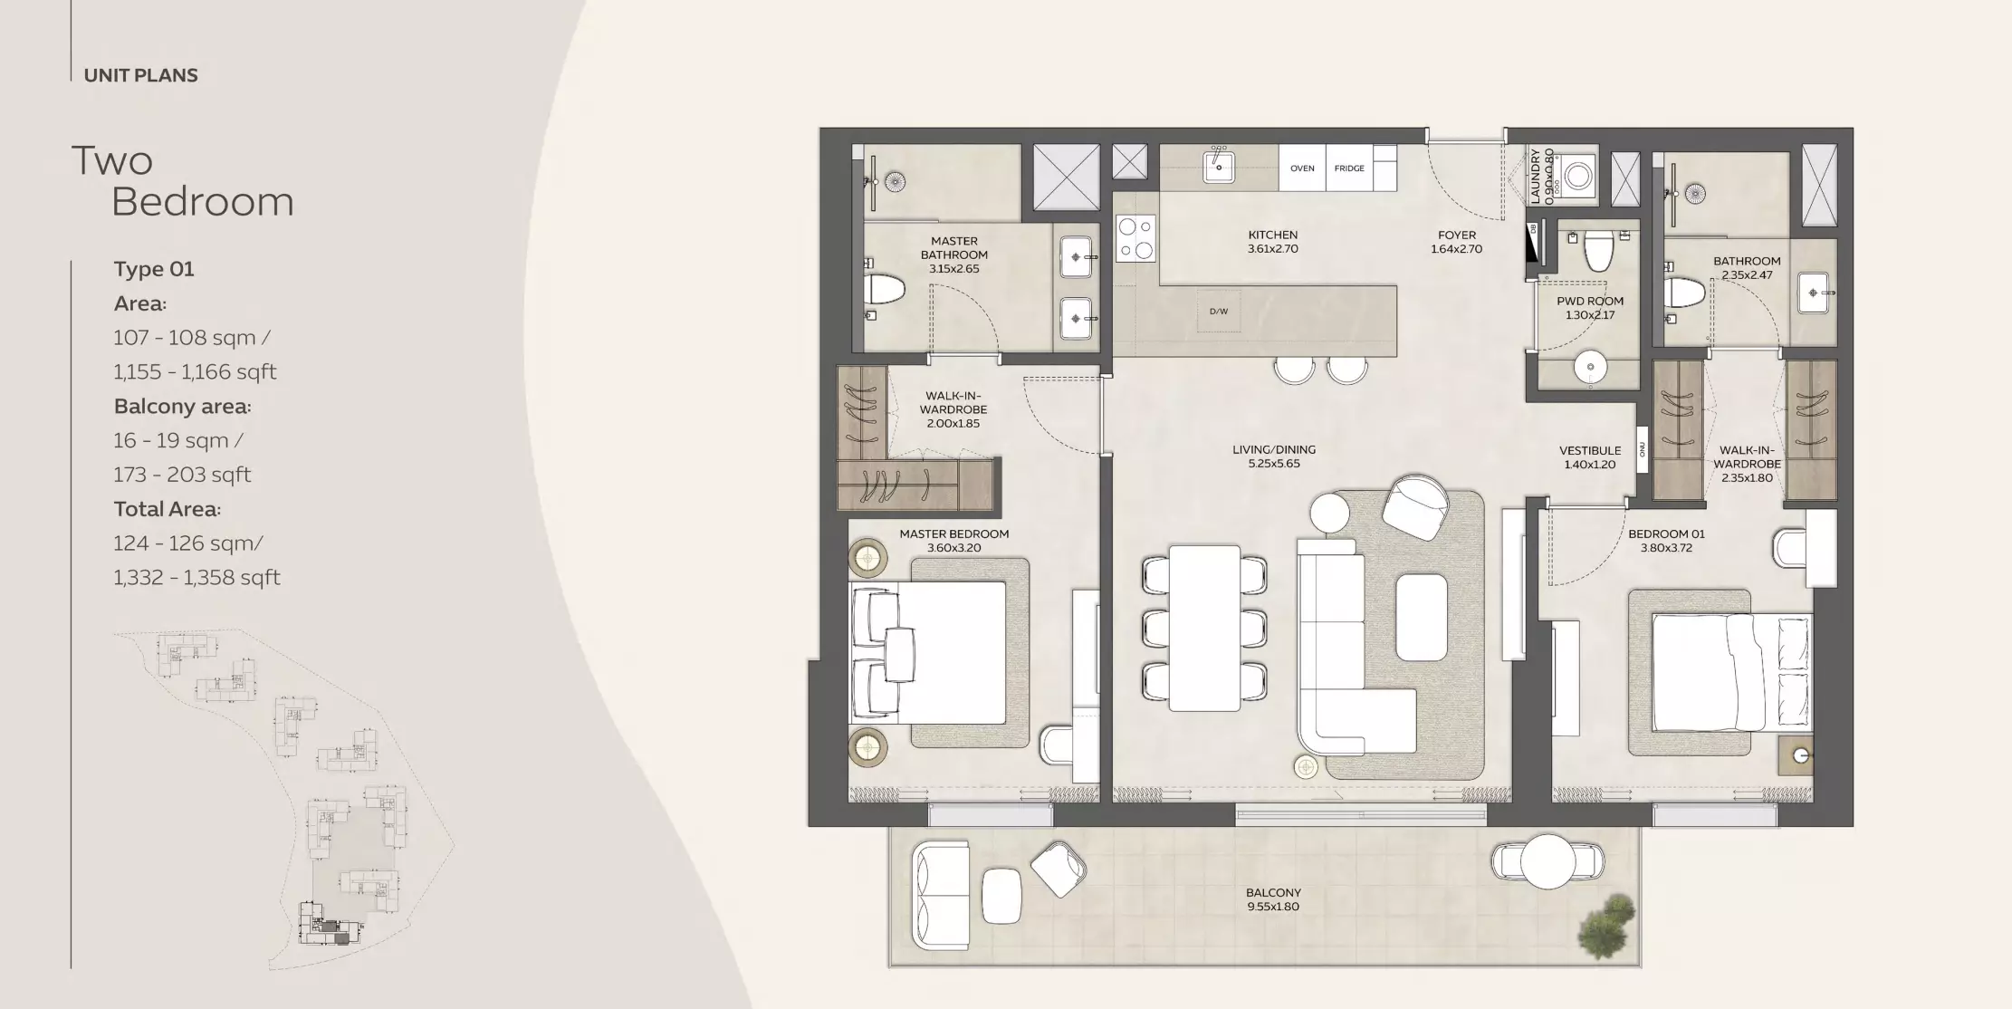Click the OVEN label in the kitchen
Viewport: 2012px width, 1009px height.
[1302, 168]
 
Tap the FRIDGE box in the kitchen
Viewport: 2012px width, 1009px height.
[1349, 168]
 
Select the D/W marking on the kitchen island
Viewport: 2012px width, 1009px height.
[1219, 312]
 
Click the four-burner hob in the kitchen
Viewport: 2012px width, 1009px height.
[1135, 238]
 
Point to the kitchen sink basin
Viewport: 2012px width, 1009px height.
[1219, 168]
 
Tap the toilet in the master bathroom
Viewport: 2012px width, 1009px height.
[884, 290]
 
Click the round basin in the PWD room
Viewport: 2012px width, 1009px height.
[1590, 368]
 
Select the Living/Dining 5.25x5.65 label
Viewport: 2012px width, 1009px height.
[1273, 456]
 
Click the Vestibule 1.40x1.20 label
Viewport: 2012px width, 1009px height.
[1590, 457]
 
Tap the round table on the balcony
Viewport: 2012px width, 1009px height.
[1549, 860]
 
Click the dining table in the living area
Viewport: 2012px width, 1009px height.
[1204, 628]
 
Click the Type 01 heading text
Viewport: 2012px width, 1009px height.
[154, 269]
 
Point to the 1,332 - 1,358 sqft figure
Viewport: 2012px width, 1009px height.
[196, 578]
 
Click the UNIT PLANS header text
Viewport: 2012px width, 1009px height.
[140, 75]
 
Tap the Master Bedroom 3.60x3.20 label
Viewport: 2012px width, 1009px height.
[953, 541]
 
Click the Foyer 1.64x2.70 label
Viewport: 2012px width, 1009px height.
[1456, 242]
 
